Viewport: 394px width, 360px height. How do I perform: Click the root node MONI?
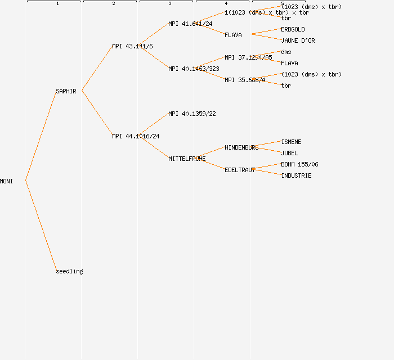[6, 181]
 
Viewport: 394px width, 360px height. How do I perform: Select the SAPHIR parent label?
[66, 91]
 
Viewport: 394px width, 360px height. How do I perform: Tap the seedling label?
[69, 271]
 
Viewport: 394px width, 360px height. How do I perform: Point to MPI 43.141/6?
[132, 46]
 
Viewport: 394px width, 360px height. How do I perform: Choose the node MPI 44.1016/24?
[136, 136]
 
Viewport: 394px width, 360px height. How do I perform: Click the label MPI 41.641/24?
[190, 24]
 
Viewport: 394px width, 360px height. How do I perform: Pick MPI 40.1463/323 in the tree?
[194, 69]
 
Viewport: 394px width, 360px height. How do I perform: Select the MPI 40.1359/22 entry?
[192, 114]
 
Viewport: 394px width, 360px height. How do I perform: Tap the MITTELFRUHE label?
[187, 159]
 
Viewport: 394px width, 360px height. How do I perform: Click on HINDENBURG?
[241, 147]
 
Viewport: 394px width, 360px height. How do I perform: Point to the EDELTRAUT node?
[240, 170]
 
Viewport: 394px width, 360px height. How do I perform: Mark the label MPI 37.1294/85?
[248, 57]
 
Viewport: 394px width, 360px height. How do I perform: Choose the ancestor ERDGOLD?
[293, 29]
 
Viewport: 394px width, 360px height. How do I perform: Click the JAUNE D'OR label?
[298, 40]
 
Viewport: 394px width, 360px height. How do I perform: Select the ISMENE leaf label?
[291, 142]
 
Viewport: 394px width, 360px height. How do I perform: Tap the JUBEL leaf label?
[289, 153]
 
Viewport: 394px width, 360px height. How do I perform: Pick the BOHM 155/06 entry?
[299, 164]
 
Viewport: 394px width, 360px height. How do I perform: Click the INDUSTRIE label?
[296, 175]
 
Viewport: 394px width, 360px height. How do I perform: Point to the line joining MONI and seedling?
[41, 225]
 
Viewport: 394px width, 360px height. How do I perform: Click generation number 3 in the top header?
[169, 4]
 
